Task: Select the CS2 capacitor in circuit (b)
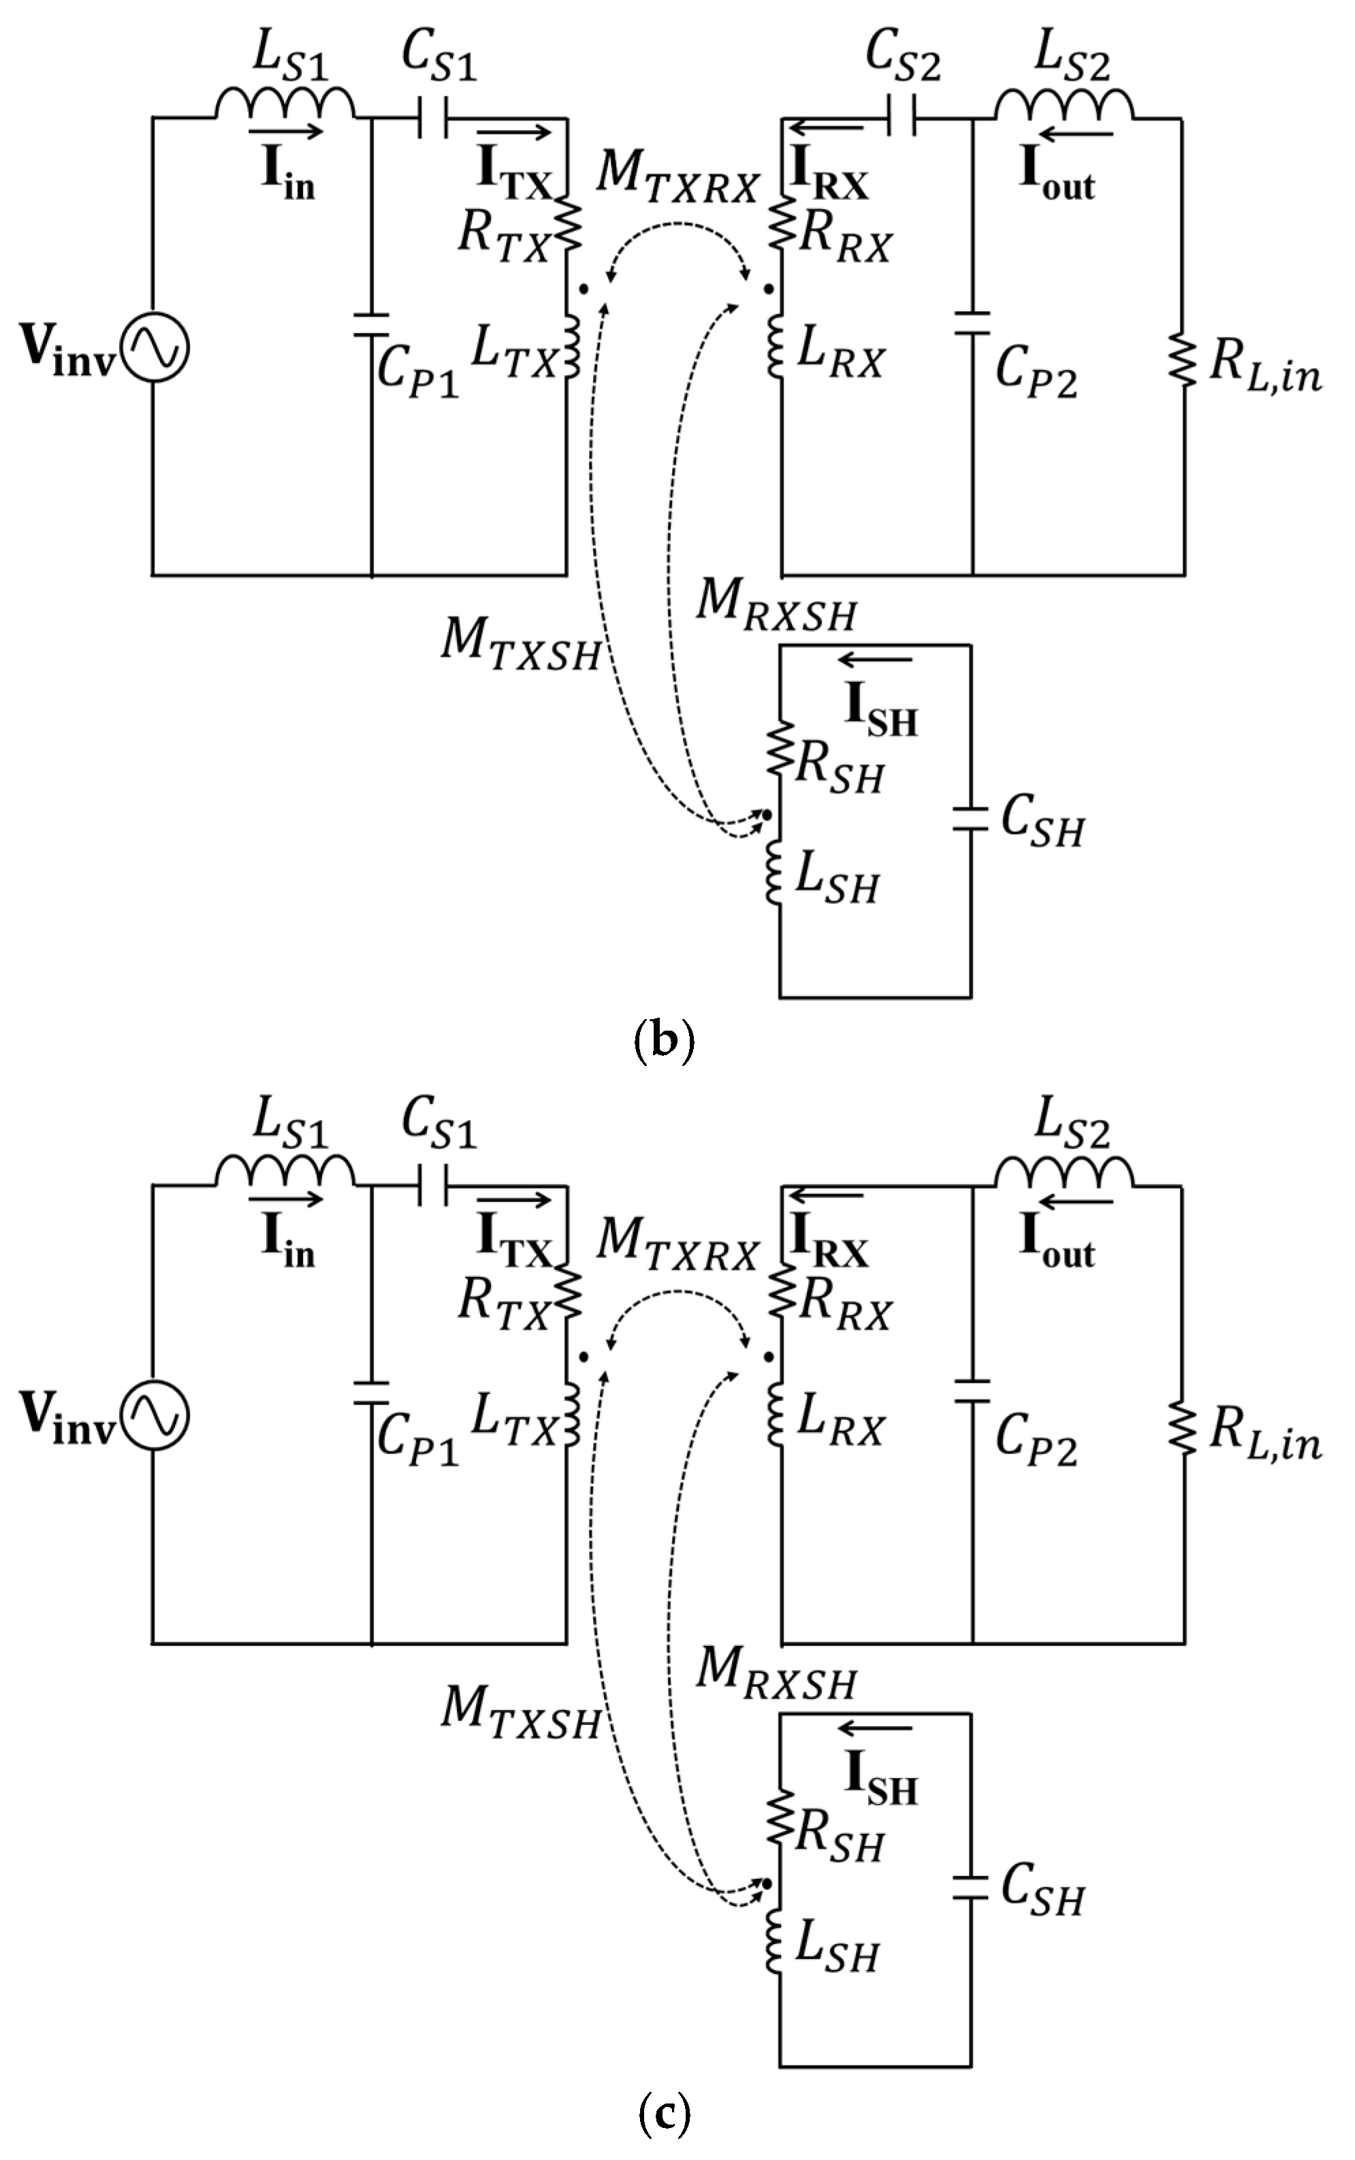point(901,116)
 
